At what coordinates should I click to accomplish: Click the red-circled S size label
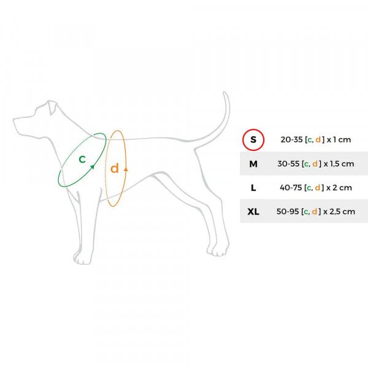(x=253, y=140)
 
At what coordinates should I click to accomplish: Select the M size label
(x=253, y=164)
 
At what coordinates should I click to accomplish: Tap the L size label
(x=253, y=188)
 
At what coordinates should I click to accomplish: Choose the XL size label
(x=253, y=212)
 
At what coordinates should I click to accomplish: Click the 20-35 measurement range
(x=291, y=140)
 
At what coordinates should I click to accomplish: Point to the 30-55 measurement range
(x=288, y=164)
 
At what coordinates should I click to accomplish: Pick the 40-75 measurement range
(x=291, y=188)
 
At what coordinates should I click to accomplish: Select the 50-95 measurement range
(x=288, y=212)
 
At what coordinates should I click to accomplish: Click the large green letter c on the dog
(x=82, y=159)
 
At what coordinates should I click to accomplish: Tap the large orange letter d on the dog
(x=115, y=168)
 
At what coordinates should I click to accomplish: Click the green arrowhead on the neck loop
(x=93, y=167)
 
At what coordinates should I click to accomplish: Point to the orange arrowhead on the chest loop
(x=126, y=169)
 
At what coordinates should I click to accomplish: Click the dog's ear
(x=52, y=107)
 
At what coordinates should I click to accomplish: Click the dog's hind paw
(x=218, y=250)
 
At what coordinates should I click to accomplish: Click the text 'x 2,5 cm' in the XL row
(x=339, y=212)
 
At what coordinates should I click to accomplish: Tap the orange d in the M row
(x=315, y=164)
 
